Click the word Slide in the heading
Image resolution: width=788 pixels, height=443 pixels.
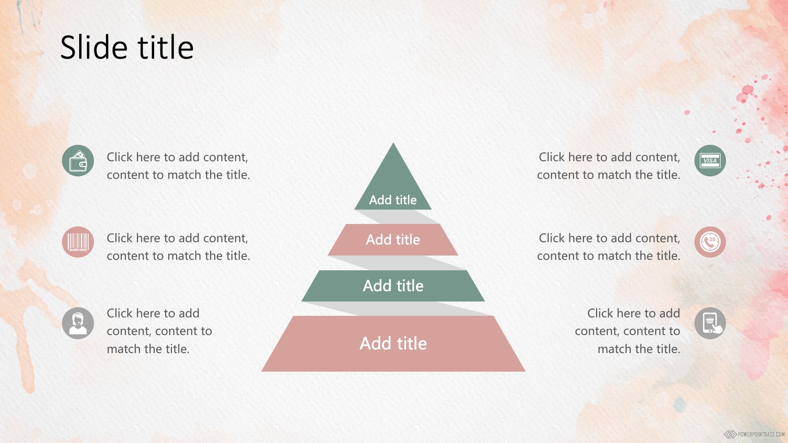click(x=94, y=47)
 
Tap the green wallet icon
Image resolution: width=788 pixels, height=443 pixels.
click(x=78, y=160)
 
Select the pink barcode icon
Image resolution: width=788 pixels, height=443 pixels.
click(x=78, y=242)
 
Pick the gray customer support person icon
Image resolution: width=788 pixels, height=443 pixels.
click(x=78, y=323)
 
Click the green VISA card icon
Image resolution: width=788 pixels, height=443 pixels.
click(x=710, y=160)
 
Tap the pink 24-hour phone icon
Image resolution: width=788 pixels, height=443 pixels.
click(x=710, y=242)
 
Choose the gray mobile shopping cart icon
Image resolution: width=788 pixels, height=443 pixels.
click(x=710, y=323)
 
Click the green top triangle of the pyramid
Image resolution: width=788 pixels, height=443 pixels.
click(x=393, y=185)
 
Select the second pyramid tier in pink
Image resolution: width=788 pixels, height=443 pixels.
click(x=393, y=240)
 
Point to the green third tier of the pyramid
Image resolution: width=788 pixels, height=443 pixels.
click(x=393, y=286)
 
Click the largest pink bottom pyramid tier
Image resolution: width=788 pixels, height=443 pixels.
click(x=393, y=344)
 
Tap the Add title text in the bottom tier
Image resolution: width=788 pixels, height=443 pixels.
click(x=393, y=343)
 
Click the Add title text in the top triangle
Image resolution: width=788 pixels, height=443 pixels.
click(x=393, y=200)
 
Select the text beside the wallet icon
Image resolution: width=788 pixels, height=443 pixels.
click(x=178, y=166)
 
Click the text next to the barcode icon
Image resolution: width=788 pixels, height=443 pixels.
click(x=178, y=247)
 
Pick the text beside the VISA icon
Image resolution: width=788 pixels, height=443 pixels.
click(x=609, y=166)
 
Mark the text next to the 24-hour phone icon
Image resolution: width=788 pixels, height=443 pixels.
click(x=609, y=247)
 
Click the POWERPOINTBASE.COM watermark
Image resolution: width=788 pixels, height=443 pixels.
click(x=754, y=434)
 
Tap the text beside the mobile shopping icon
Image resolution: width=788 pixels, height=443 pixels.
click(x=628, y=331)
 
